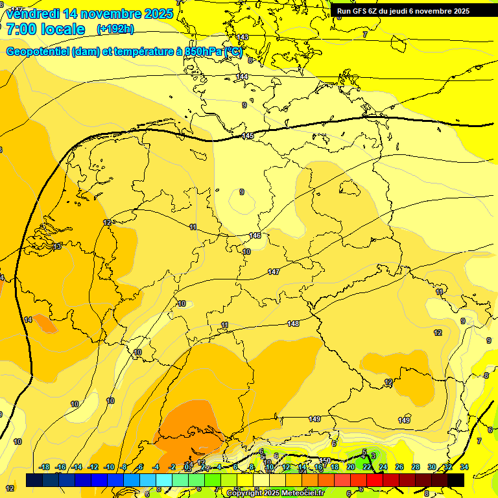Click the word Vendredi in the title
pyautogui.click(x=33, y=14)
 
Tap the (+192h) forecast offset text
pyautogui.click(x=115, y=29)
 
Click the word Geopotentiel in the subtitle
pyautogui.click(x=38, y=51)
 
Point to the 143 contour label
pyautogui.click(x=243, y=37)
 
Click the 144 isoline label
pyautogui.click(x=242, y=77)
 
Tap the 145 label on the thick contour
pyautogui.click(x=248, y=136)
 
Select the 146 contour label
pyautogui.click(x=255, y=235)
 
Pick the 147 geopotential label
pyautogui.click(x=274, y=272)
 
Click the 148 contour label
pyautogui.click(x=293, y=323)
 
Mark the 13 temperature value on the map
pyautogui.click(x=57, y=246)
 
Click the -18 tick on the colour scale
pyautogui.click(x=45, y=467)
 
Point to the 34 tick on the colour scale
pyautogui.click(x=464, y=467)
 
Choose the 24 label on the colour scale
pyautogui.click(x=383, y=467)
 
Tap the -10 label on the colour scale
pyautogui.click(x=110, y=467)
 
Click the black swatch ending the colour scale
pyautogui.click(x=456, y=480)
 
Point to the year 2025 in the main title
pyautogui.click(x=159, y=14)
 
